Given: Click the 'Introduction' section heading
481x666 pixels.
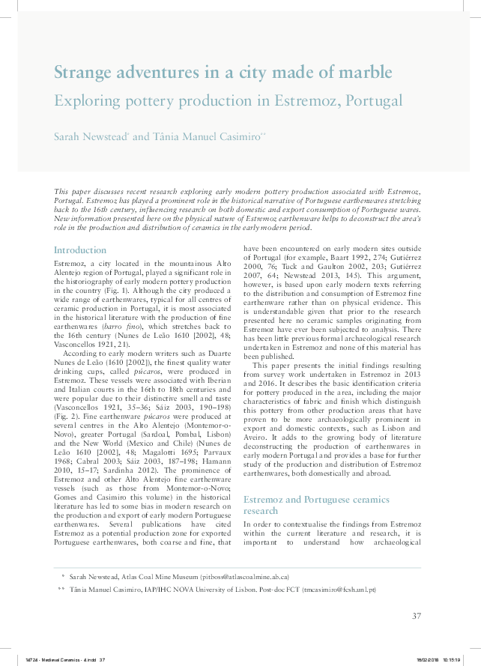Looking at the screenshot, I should tap(80, 249).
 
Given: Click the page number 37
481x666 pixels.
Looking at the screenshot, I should tap(417, 616).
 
